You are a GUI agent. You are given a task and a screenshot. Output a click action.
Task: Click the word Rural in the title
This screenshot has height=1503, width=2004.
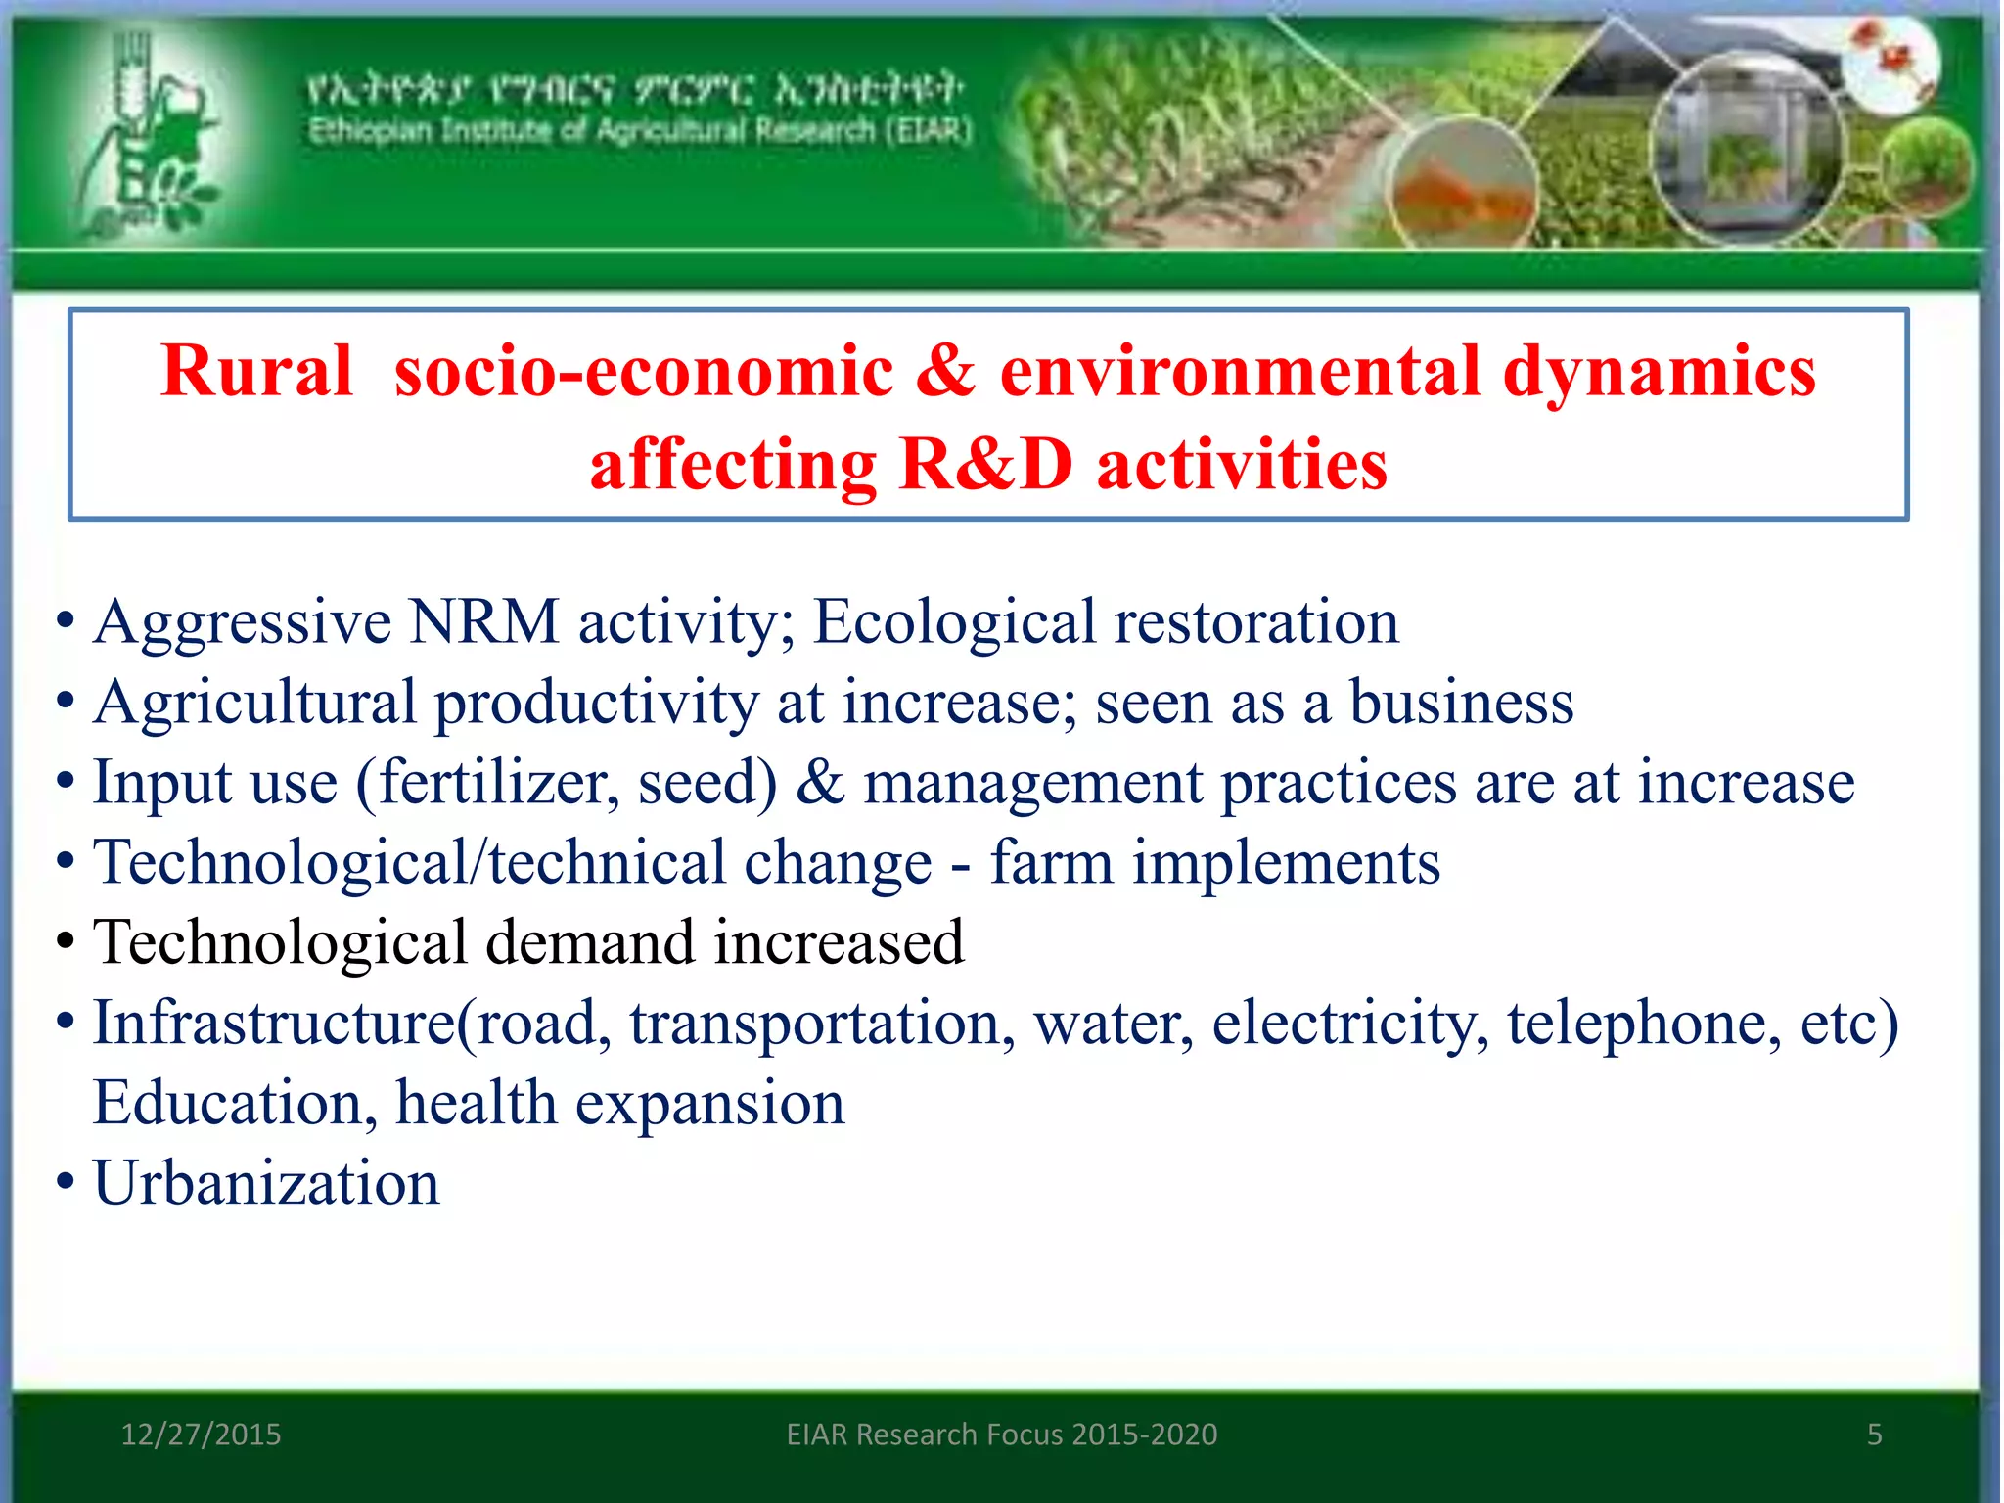[x=256, y=372]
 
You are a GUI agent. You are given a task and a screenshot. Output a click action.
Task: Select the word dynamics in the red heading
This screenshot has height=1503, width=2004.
[x=1659, y=372]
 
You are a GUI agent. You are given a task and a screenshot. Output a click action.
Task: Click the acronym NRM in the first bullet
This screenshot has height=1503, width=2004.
[x=483, y=622]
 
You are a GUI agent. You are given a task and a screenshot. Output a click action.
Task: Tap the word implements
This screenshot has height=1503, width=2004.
[x=1286, y=863]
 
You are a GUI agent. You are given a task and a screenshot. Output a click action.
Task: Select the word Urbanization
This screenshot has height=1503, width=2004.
[x=266, y=1184]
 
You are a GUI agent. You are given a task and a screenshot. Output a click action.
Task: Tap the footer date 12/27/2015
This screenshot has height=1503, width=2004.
[x=201, y=1435]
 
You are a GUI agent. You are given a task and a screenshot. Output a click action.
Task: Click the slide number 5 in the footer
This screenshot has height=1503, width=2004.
[x=1874, y=1435]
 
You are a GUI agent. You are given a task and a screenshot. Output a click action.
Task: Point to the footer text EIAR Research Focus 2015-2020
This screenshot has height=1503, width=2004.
[x=1002, y=1435]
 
